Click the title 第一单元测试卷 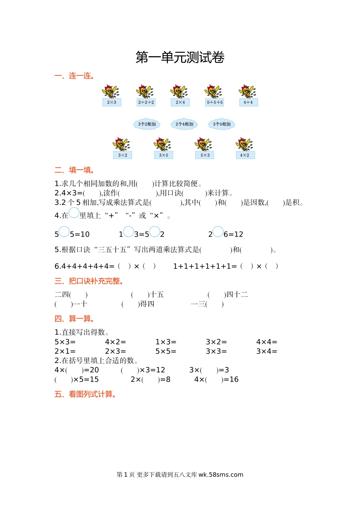click(x=180, y=58)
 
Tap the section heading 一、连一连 click(x=74, y=76)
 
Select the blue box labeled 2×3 click(x=112, y=102)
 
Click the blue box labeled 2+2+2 click(x=146, y=102)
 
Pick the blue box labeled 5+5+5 click(x=215, y=102)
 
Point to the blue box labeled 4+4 click(x=248, y=102)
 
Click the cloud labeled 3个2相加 click(x=147, y=124)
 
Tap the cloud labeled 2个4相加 click(x=184, y=124)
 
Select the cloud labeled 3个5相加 click(x=222, y=124)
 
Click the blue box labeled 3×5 click(x=164, y=155)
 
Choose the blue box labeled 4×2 click(x=245, y=155)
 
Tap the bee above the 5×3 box click(x=204, y=144)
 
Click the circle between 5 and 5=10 click(x=64, y=231)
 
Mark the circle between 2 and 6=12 click(x=218, y=231)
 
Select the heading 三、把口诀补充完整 click(x=89, y=281)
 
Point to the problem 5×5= click(x=166, y=351)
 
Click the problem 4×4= click(x=267, y=342)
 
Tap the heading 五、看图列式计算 click(x=85, y=394)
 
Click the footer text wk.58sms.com click(x=221, y=475)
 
